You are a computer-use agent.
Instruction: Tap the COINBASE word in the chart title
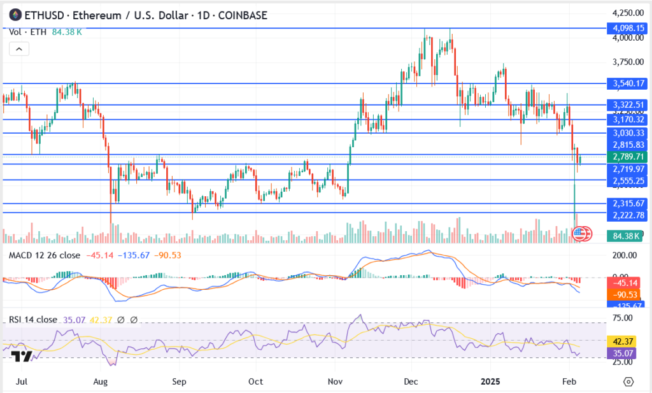click(x=243, y=15)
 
